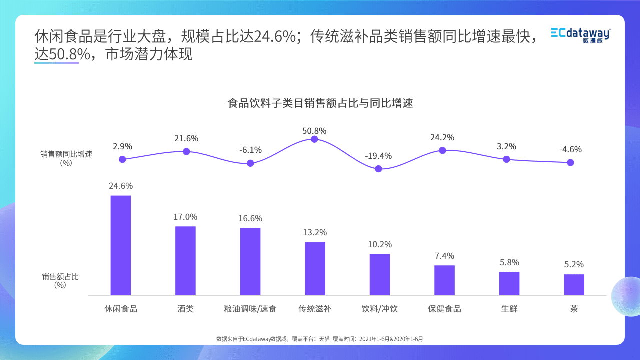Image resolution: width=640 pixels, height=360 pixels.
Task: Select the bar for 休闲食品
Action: [x=120, y=245]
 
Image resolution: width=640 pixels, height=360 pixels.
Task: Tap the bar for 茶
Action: [x=574, y=284]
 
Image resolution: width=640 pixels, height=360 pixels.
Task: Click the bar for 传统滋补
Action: [x=315, y=268]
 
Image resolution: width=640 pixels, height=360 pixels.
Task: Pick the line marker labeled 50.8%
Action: [x=314, y=139]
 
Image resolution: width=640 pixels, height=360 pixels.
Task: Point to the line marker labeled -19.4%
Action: [x=378, y=169]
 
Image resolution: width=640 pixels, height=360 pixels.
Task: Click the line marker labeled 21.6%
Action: [x=186, y=151]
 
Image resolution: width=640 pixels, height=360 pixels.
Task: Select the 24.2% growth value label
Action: [x=442, y=137]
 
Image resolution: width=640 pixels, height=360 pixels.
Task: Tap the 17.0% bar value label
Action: [x=185, y=217]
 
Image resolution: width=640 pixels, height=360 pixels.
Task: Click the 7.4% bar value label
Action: [x=444, y=256]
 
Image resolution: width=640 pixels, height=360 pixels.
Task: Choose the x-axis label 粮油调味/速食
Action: [x=250, y=309]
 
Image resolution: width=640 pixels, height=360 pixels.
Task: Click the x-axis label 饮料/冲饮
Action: [x=379, y=309]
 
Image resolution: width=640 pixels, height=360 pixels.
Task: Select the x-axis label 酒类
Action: [x=185, y=309]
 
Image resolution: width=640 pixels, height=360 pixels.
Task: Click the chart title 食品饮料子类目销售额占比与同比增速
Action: [x=320, y=104]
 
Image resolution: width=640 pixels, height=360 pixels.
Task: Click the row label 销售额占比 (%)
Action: [x=60, y=280]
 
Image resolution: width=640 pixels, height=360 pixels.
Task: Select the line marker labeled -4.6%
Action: [x=570, y=162]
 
